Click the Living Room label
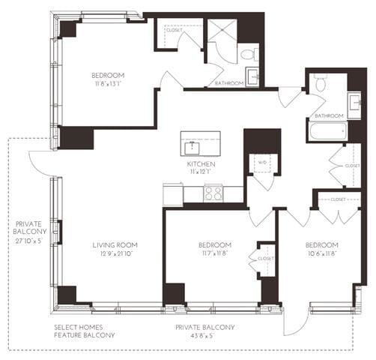pyautogui.click(x=113, y=245)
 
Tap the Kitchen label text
pyautogui.click(x=201, y=163)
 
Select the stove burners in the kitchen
pyautogui.click(x=213, y=193)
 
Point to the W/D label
pyautogui.click(x=262, y=162)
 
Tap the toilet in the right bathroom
pyautogui.click(x=320, y=83)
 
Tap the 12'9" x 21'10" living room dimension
pyautogui.click(x=113, y=255)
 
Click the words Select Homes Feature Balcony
pyautogui.click(x=85, y=331)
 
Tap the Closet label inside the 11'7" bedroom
pyautogui.click(x=266, y=259)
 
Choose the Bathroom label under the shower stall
pyautogui.click(x=228, y=83)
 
